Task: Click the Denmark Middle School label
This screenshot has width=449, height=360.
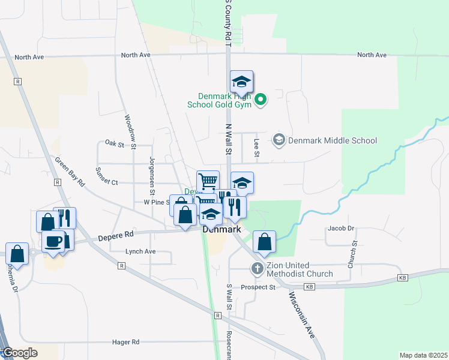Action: point(332,140)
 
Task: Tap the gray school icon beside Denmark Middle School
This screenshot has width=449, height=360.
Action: point(279,140)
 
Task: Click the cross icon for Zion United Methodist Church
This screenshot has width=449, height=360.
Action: point(258,268)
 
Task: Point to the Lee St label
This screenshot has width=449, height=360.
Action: point(256,148)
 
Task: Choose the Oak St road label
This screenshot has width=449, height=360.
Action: point(114,144)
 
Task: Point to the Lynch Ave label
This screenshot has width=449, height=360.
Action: point(140,251)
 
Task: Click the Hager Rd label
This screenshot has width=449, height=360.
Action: point(125,342)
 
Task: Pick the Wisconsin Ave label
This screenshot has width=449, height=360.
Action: point(302,315)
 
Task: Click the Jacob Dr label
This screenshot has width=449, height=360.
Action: point(341,229)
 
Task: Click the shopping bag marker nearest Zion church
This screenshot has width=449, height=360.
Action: point(264,242)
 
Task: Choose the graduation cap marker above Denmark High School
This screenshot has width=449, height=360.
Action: point(241,82)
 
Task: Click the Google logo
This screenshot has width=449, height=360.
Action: point(19,353)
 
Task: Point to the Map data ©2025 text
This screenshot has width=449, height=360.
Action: point(423,355)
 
